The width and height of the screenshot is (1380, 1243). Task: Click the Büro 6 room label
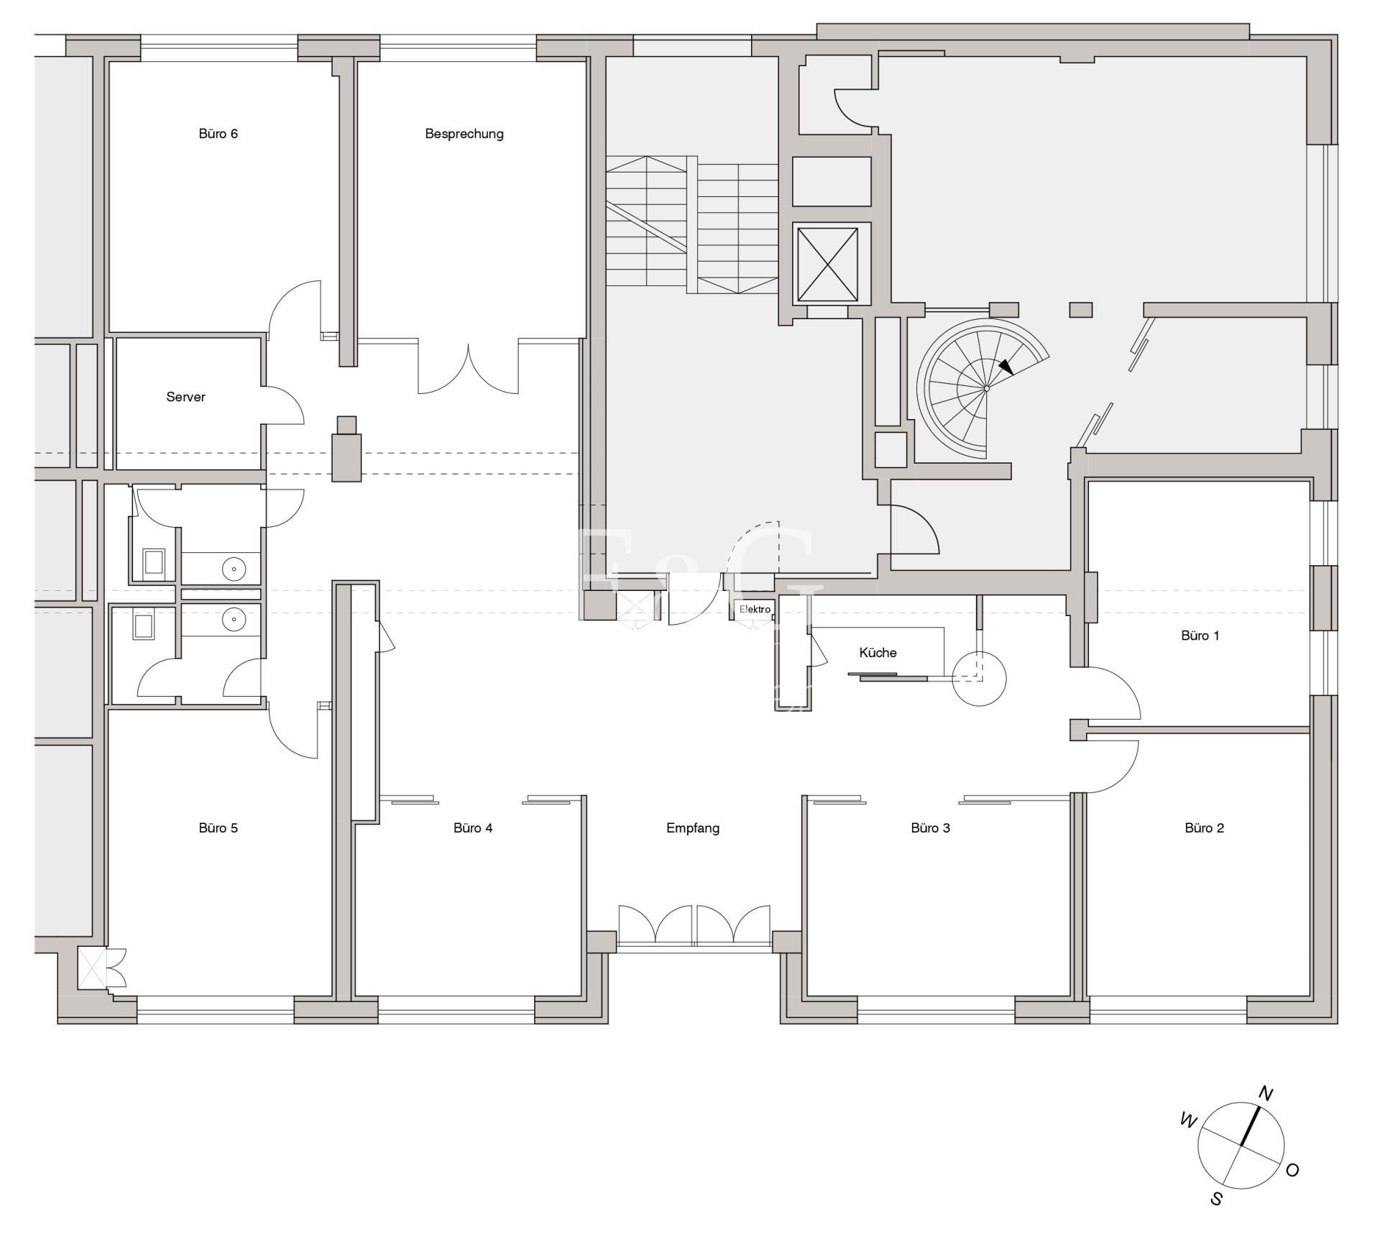pyautogui.click(x=218, y=134)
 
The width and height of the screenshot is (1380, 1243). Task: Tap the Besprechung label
pyautogui.click(x=464, y=134)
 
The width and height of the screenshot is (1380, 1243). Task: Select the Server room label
pyautogui.click(x=185, y=397)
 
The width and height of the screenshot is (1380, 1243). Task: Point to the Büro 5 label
pyautogui.click(x=218, y=827)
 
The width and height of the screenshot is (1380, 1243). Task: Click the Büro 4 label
pyautogui.click(x=473, y=827)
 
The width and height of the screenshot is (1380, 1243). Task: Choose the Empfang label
pyautogui.click(x=693, y=828)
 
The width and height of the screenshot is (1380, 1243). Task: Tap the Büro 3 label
pyautogui.click(x=930, y=827)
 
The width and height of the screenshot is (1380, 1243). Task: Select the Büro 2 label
pyautogui.click(x=1204, y=827)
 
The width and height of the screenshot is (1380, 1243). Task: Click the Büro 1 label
pyautogui.click(x=1200, y=636)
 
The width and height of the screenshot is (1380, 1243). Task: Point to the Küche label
pyautogui.click(x=878, y=653)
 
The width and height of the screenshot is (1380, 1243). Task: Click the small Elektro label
pyautogui.click(x=755, y=610)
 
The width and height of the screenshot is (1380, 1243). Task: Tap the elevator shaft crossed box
pyautogui.click(x=827, y=265)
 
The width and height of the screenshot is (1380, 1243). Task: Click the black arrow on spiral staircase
pyautogui.click(x=1006, y=367)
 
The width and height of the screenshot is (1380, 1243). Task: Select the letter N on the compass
pyautogui.click(x=1266, y=1093)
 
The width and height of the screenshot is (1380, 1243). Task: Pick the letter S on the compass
pyautogui.click(x=1216, y=1198)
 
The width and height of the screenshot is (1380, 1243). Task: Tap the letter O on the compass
pyautogui.click(x=1292, y=1170)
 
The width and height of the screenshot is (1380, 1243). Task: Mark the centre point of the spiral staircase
pyautogui.click(x=987, y=388)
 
